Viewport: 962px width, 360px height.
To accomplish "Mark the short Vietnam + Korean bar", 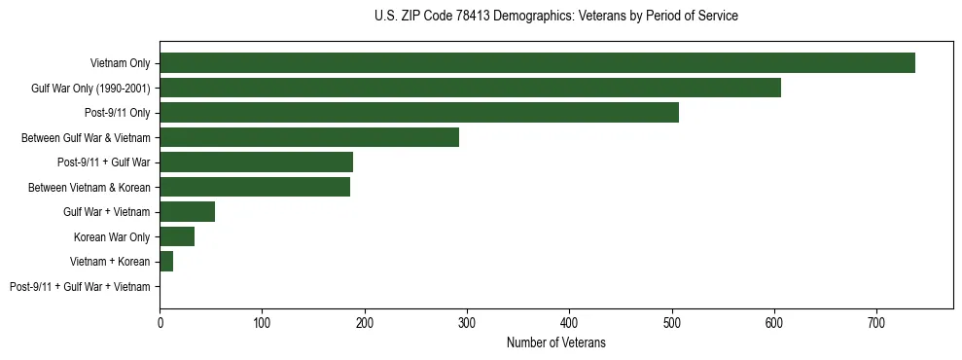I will [x=166, y=262].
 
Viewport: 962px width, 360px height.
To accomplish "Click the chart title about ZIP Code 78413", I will [x=555, y=17].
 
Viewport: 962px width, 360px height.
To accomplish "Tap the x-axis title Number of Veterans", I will [x=555, y=342].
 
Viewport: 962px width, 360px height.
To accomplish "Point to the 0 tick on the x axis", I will [x=160, y=321].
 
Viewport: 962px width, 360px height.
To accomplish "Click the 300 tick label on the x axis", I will [x=467, y=321].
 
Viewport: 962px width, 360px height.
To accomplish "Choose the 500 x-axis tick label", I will [x=672, y=321].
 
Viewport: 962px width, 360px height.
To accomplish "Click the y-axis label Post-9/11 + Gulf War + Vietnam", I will [x=80, y=287].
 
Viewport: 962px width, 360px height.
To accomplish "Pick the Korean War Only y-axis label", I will [x=112, y=237].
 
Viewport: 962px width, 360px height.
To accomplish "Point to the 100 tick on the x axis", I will [x=262, y=321].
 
